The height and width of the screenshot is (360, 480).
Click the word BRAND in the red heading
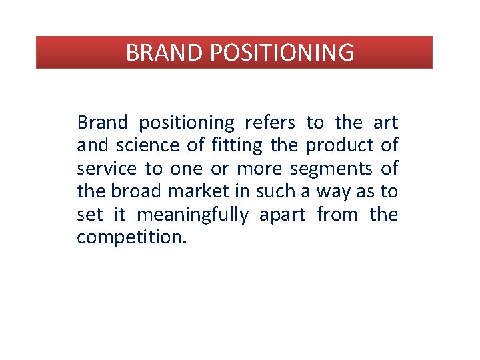158,52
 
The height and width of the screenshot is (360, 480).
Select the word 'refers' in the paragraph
270,123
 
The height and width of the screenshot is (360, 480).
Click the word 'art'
385,123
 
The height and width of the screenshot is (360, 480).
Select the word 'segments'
331,169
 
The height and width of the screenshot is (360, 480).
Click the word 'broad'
136,191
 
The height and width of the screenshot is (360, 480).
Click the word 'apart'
283,215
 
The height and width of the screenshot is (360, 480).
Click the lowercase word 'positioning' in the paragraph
187,123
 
